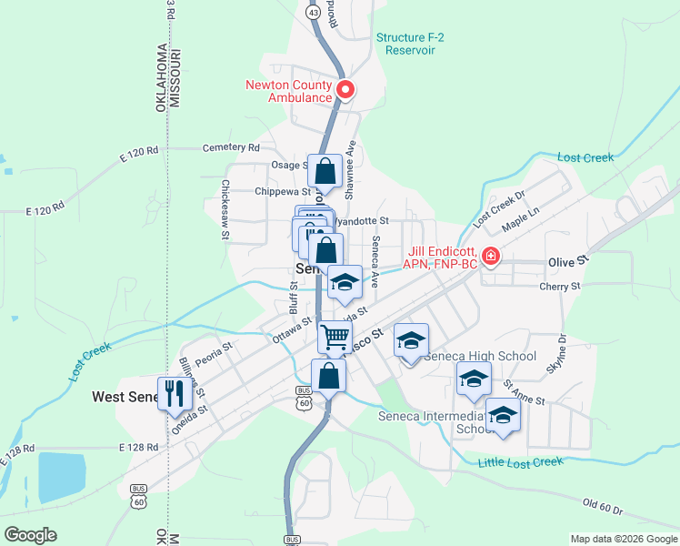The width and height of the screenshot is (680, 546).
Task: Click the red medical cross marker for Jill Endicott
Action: point(491,256)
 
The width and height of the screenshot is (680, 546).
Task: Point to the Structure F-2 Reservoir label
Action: point(418,43)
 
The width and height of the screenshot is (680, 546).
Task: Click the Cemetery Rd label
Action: point(231,147)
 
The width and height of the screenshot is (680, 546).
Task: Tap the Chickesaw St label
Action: point(225,209)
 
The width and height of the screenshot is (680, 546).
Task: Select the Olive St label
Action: point(569,261)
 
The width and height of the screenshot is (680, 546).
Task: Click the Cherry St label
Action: point(559,286)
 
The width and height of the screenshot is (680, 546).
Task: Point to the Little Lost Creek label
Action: point(521,462)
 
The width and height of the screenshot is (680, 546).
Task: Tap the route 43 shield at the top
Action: point(313,14)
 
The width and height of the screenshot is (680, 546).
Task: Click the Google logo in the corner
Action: point(30,534)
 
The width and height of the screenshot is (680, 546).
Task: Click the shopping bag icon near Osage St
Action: point(325,170)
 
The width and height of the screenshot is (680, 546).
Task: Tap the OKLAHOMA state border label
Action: point(161,77)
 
